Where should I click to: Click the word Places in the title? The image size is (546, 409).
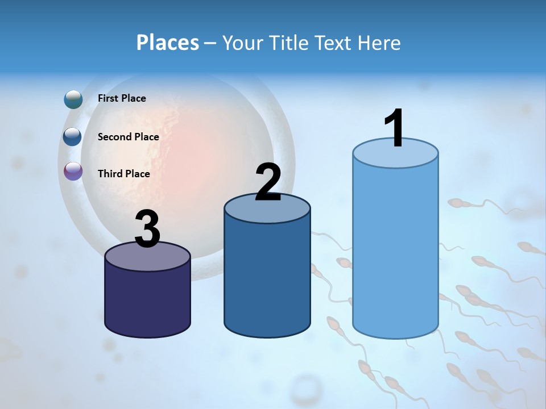point(167,43)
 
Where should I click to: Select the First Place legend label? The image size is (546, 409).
point(122,98)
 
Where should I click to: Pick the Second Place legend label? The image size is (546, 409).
point(128,137)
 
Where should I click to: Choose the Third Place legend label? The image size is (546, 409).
point(123,174)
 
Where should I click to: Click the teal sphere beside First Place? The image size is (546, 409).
point(73,99)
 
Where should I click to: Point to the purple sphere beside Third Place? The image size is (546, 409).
point(73,171)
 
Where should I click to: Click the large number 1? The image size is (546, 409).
point(394,129)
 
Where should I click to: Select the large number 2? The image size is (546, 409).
point(268,182)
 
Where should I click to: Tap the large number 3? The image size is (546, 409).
point(148,229)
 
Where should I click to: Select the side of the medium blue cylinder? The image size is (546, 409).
point(267,278)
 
